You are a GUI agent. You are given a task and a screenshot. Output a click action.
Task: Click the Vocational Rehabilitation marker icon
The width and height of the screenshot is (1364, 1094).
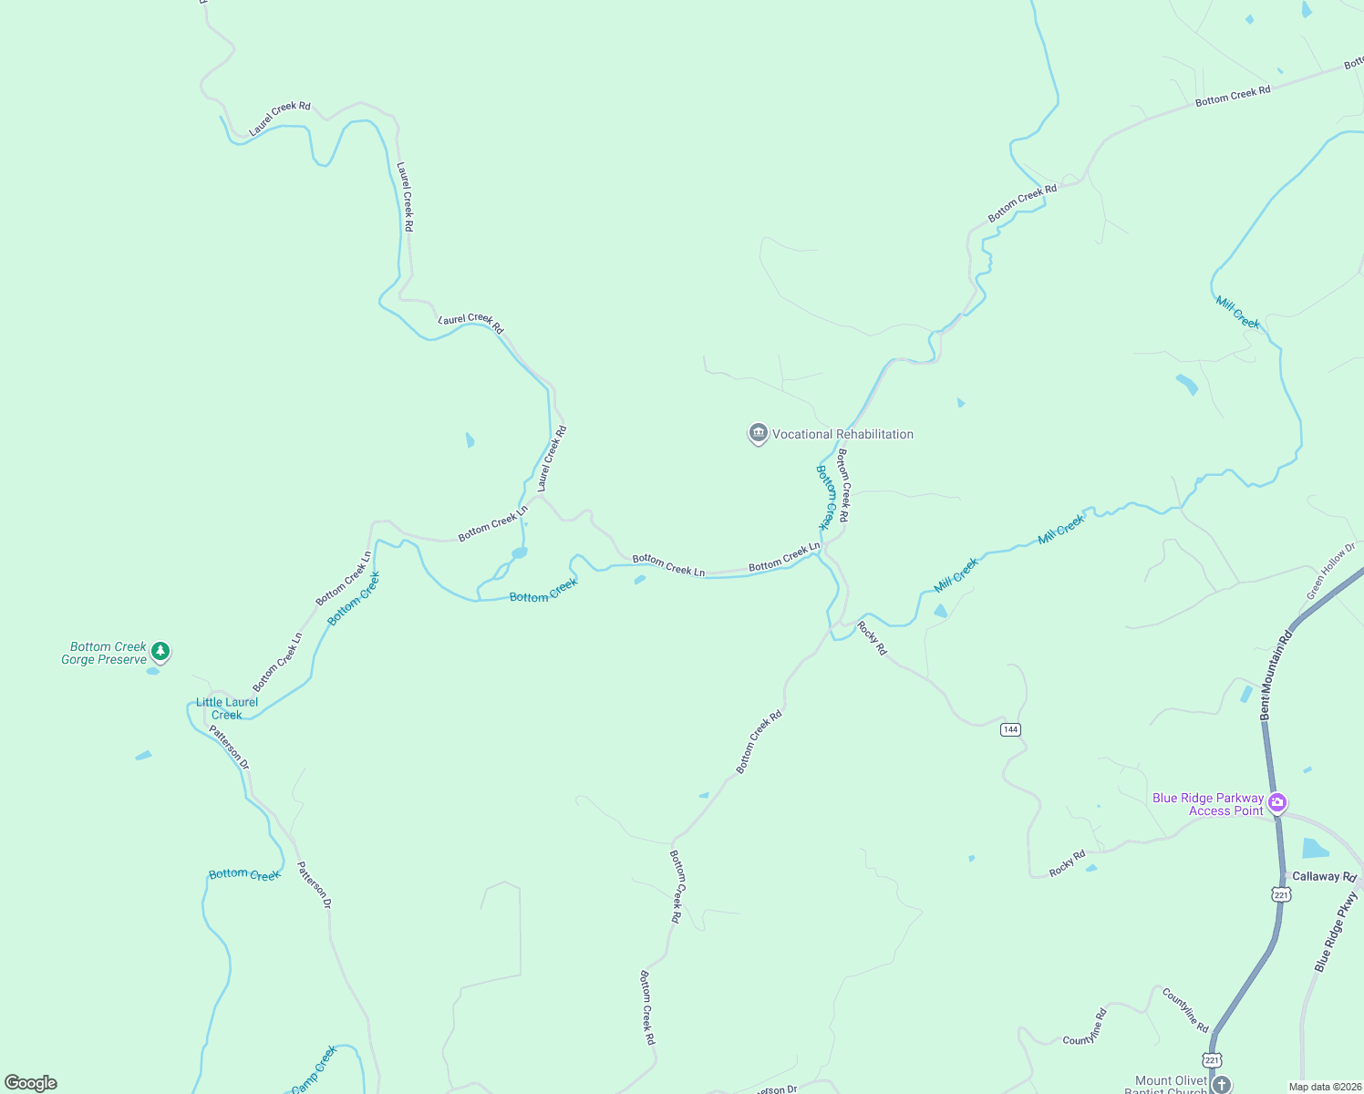coord(758,433)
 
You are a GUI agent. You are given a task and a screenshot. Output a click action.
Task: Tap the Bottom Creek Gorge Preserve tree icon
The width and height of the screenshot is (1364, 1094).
coord(160,651)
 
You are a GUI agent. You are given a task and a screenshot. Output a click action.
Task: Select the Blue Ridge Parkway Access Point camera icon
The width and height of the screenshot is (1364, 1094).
coord(1277,802)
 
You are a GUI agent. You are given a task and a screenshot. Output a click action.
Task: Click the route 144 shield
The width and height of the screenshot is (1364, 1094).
coord(1010,729)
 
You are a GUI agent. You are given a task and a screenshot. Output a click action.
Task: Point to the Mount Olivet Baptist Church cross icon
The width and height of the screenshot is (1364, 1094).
coord(1222,1084)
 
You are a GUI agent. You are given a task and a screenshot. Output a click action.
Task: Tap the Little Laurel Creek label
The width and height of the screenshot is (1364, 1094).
coord(227,708)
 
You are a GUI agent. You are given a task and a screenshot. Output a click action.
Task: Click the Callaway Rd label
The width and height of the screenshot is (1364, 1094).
coord(1324,876)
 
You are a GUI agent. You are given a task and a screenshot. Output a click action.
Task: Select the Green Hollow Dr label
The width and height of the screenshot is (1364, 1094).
coord(1330,572)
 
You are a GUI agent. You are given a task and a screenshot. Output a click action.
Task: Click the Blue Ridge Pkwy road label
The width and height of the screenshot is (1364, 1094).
coord(1336,932)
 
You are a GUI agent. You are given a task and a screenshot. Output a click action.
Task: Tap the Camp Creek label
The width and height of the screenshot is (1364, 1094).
coord(315,1069)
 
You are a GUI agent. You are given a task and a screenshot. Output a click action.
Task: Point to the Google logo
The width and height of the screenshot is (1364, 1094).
coord(31,1083)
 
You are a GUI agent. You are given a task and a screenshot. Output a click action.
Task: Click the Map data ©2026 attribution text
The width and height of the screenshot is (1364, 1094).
coord(1324,1087)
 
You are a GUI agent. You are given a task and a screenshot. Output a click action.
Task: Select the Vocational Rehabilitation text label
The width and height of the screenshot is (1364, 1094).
coord(842,434)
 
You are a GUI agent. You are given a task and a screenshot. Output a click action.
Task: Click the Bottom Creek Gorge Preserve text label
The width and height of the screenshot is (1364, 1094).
coord(105,653)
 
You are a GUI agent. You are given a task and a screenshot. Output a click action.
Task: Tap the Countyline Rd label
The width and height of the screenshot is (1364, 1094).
coord(1184,1009)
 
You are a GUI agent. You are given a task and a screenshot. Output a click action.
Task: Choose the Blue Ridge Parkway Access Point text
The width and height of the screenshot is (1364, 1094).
coord(1208,804)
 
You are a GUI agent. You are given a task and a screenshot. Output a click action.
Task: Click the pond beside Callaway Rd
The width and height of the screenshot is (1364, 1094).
coord(1315,849)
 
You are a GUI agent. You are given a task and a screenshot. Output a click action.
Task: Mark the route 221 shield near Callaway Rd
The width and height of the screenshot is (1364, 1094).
coord(1281,895)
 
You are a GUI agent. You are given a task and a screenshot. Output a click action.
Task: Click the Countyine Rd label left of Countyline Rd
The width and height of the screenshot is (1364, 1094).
coord(1085,1027)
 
